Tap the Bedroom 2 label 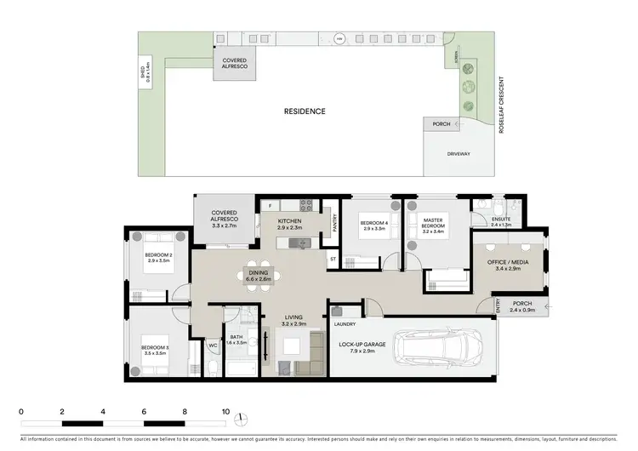[159, 255]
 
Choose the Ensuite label [502, 221]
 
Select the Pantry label [335, 224]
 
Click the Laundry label [345, 323]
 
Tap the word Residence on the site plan [305, 111]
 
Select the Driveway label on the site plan [459, 154]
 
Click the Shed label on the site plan [145, 77]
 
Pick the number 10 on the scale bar [225, 411]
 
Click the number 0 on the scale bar [20, 411]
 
